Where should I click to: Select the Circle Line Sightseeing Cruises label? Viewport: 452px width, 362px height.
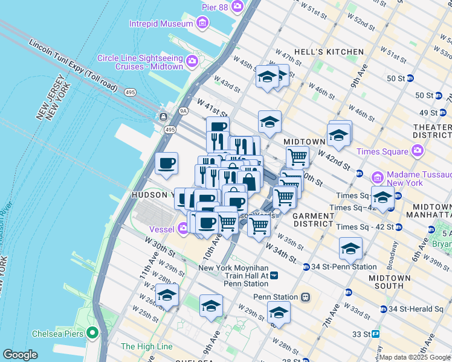tap(140, 62)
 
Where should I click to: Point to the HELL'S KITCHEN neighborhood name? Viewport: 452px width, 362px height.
tap(329, 52)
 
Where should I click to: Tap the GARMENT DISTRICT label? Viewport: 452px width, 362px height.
tap(312, 220)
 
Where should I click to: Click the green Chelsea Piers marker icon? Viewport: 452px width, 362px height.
tap(92, 332)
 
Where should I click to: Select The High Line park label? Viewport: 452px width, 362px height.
tap(147, 346)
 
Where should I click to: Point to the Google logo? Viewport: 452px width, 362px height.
tap(20, 355)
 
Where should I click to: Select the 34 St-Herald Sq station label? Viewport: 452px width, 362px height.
tap(417, 309)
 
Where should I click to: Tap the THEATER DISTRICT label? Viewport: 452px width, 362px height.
tap(431, 132)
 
